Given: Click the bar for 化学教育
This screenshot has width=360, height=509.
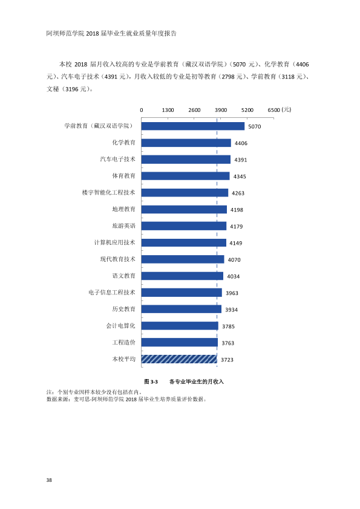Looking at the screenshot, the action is (x=186, y=143).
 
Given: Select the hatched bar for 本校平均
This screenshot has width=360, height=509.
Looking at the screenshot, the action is (x=179, y=359).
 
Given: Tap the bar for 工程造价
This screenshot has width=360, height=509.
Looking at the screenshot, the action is (x=179, y=343).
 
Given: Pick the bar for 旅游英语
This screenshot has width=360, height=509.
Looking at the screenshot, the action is (x=183, y=226).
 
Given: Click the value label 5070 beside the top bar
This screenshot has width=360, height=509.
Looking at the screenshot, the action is (x=254, y=126).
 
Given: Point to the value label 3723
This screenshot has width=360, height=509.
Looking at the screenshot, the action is (x=227, y=360).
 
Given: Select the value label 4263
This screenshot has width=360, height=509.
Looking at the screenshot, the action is (x=238, y=193).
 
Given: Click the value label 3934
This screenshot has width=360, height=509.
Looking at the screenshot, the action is (x=231, y=310).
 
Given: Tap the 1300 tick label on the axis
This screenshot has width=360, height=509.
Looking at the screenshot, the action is (x=168, y=110).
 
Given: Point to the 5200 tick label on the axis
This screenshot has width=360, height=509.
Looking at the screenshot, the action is (x=247, y=110).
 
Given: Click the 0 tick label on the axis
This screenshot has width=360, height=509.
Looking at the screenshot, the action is (x=142, y=110).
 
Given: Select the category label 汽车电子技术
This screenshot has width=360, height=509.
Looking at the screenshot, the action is (x=117, y=159).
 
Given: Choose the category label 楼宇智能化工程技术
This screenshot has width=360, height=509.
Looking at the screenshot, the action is (x=108, y=192).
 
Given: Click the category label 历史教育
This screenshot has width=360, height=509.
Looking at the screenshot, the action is (x=124, y=309).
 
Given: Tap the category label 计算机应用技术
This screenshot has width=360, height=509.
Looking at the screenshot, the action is (x=115, y=242).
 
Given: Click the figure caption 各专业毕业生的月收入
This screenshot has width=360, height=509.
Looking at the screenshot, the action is (x=197, y=382).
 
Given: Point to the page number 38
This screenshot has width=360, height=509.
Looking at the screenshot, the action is (x=49, y=480).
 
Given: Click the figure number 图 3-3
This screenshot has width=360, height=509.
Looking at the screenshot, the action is (x=151, y=382).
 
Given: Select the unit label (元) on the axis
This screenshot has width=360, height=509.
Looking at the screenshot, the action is (x=286, y=110).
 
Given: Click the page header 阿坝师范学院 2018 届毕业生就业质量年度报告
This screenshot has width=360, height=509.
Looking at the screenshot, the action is (x=111, y=33).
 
